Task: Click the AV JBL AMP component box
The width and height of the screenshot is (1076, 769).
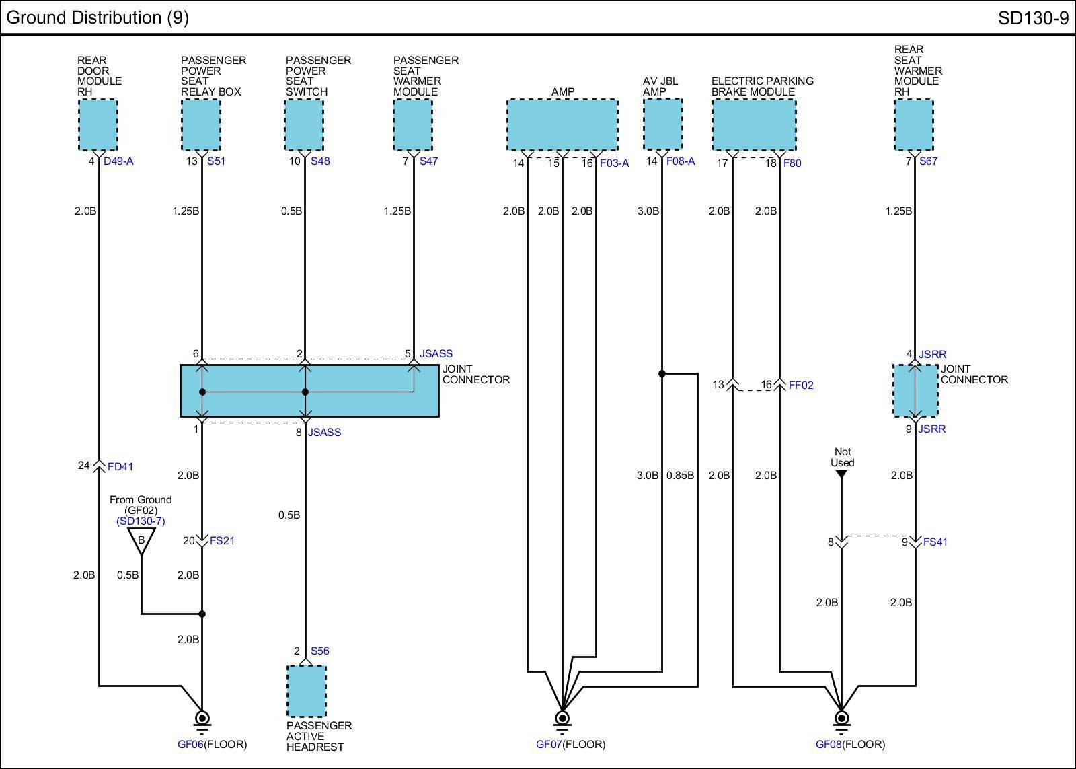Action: point(663,124)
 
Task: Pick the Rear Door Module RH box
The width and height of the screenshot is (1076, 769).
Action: point(98,125)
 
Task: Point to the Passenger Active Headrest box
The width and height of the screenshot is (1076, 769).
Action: point(307,691)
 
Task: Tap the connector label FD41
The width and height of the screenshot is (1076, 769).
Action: point(120,467)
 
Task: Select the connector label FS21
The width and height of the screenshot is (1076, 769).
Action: point(222,541)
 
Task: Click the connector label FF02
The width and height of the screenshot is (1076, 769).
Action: point(801,385)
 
